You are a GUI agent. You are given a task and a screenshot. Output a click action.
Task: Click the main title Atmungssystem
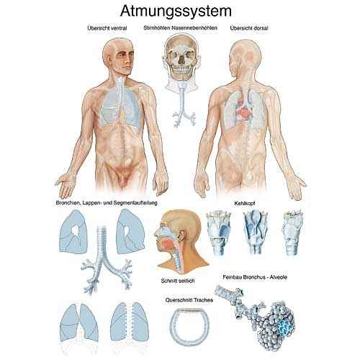176,12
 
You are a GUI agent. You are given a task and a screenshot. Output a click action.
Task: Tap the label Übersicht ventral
107,28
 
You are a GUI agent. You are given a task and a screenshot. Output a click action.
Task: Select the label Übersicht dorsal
249,28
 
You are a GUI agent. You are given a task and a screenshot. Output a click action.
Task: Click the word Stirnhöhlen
156,28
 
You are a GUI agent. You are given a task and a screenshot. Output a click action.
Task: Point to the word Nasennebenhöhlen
194,28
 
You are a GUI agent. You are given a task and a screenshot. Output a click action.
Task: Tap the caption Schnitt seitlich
178,280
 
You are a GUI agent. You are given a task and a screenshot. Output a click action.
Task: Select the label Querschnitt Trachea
189,300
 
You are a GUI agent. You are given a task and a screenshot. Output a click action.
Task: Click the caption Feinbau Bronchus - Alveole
255,277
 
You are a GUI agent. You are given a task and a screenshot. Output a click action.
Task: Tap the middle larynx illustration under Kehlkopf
255,233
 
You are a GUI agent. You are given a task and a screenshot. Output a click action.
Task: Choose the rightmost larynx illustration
292,232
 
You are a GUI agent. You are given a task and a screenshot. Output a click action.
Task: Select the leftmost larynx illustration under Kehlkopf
218,233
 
